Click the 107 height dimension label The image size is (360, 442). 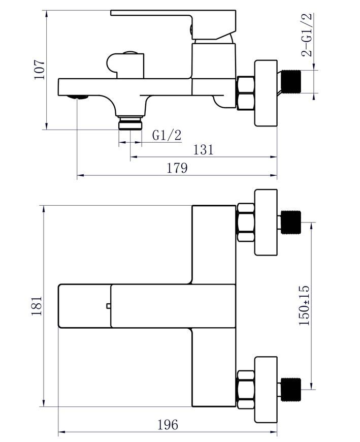pos(40,70)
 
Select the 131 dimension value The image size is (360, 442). pos(204,150)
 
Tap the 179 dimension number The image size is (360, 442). pos(177,168)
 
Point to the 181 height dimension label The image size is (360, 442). pos(37,306)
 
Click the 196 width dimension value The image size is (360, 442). pos(168,425)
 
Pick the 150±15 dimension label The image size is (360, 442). pos(304,305)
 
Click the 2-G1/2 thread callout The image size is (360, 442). pos(307,35)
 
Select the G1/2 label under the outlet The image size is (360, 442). pos(167,135)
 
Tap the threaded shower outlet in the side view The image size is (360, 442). pos(130,123)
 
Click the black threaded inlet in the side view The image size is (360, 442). pos(291,82)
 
